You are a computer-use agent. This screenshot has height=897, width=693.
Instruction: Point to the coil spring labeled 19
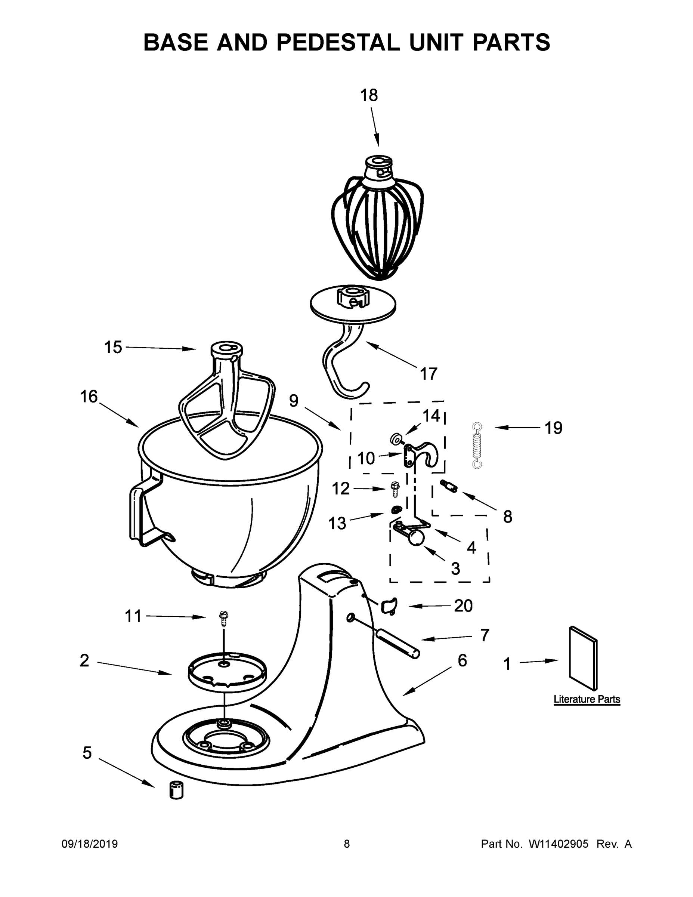coord(477,446)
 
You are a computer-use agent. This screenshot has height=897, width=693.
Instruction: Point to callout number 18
coord(369,95)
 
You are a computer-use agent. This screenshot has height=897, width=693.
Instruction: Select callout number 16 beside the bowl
coord(89,397)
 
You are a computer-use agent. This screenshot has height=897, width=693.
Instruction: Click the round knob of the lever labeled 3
coord(415,539)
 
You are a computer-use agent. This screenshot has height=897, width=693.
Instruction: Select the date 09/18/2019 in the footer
coord(90,844)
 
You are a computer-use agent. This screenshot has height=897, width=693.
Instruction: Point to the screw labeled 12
coord(396,490)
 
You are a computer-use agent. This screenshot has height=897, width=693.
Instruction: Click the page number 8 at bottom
coord(347,844)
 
